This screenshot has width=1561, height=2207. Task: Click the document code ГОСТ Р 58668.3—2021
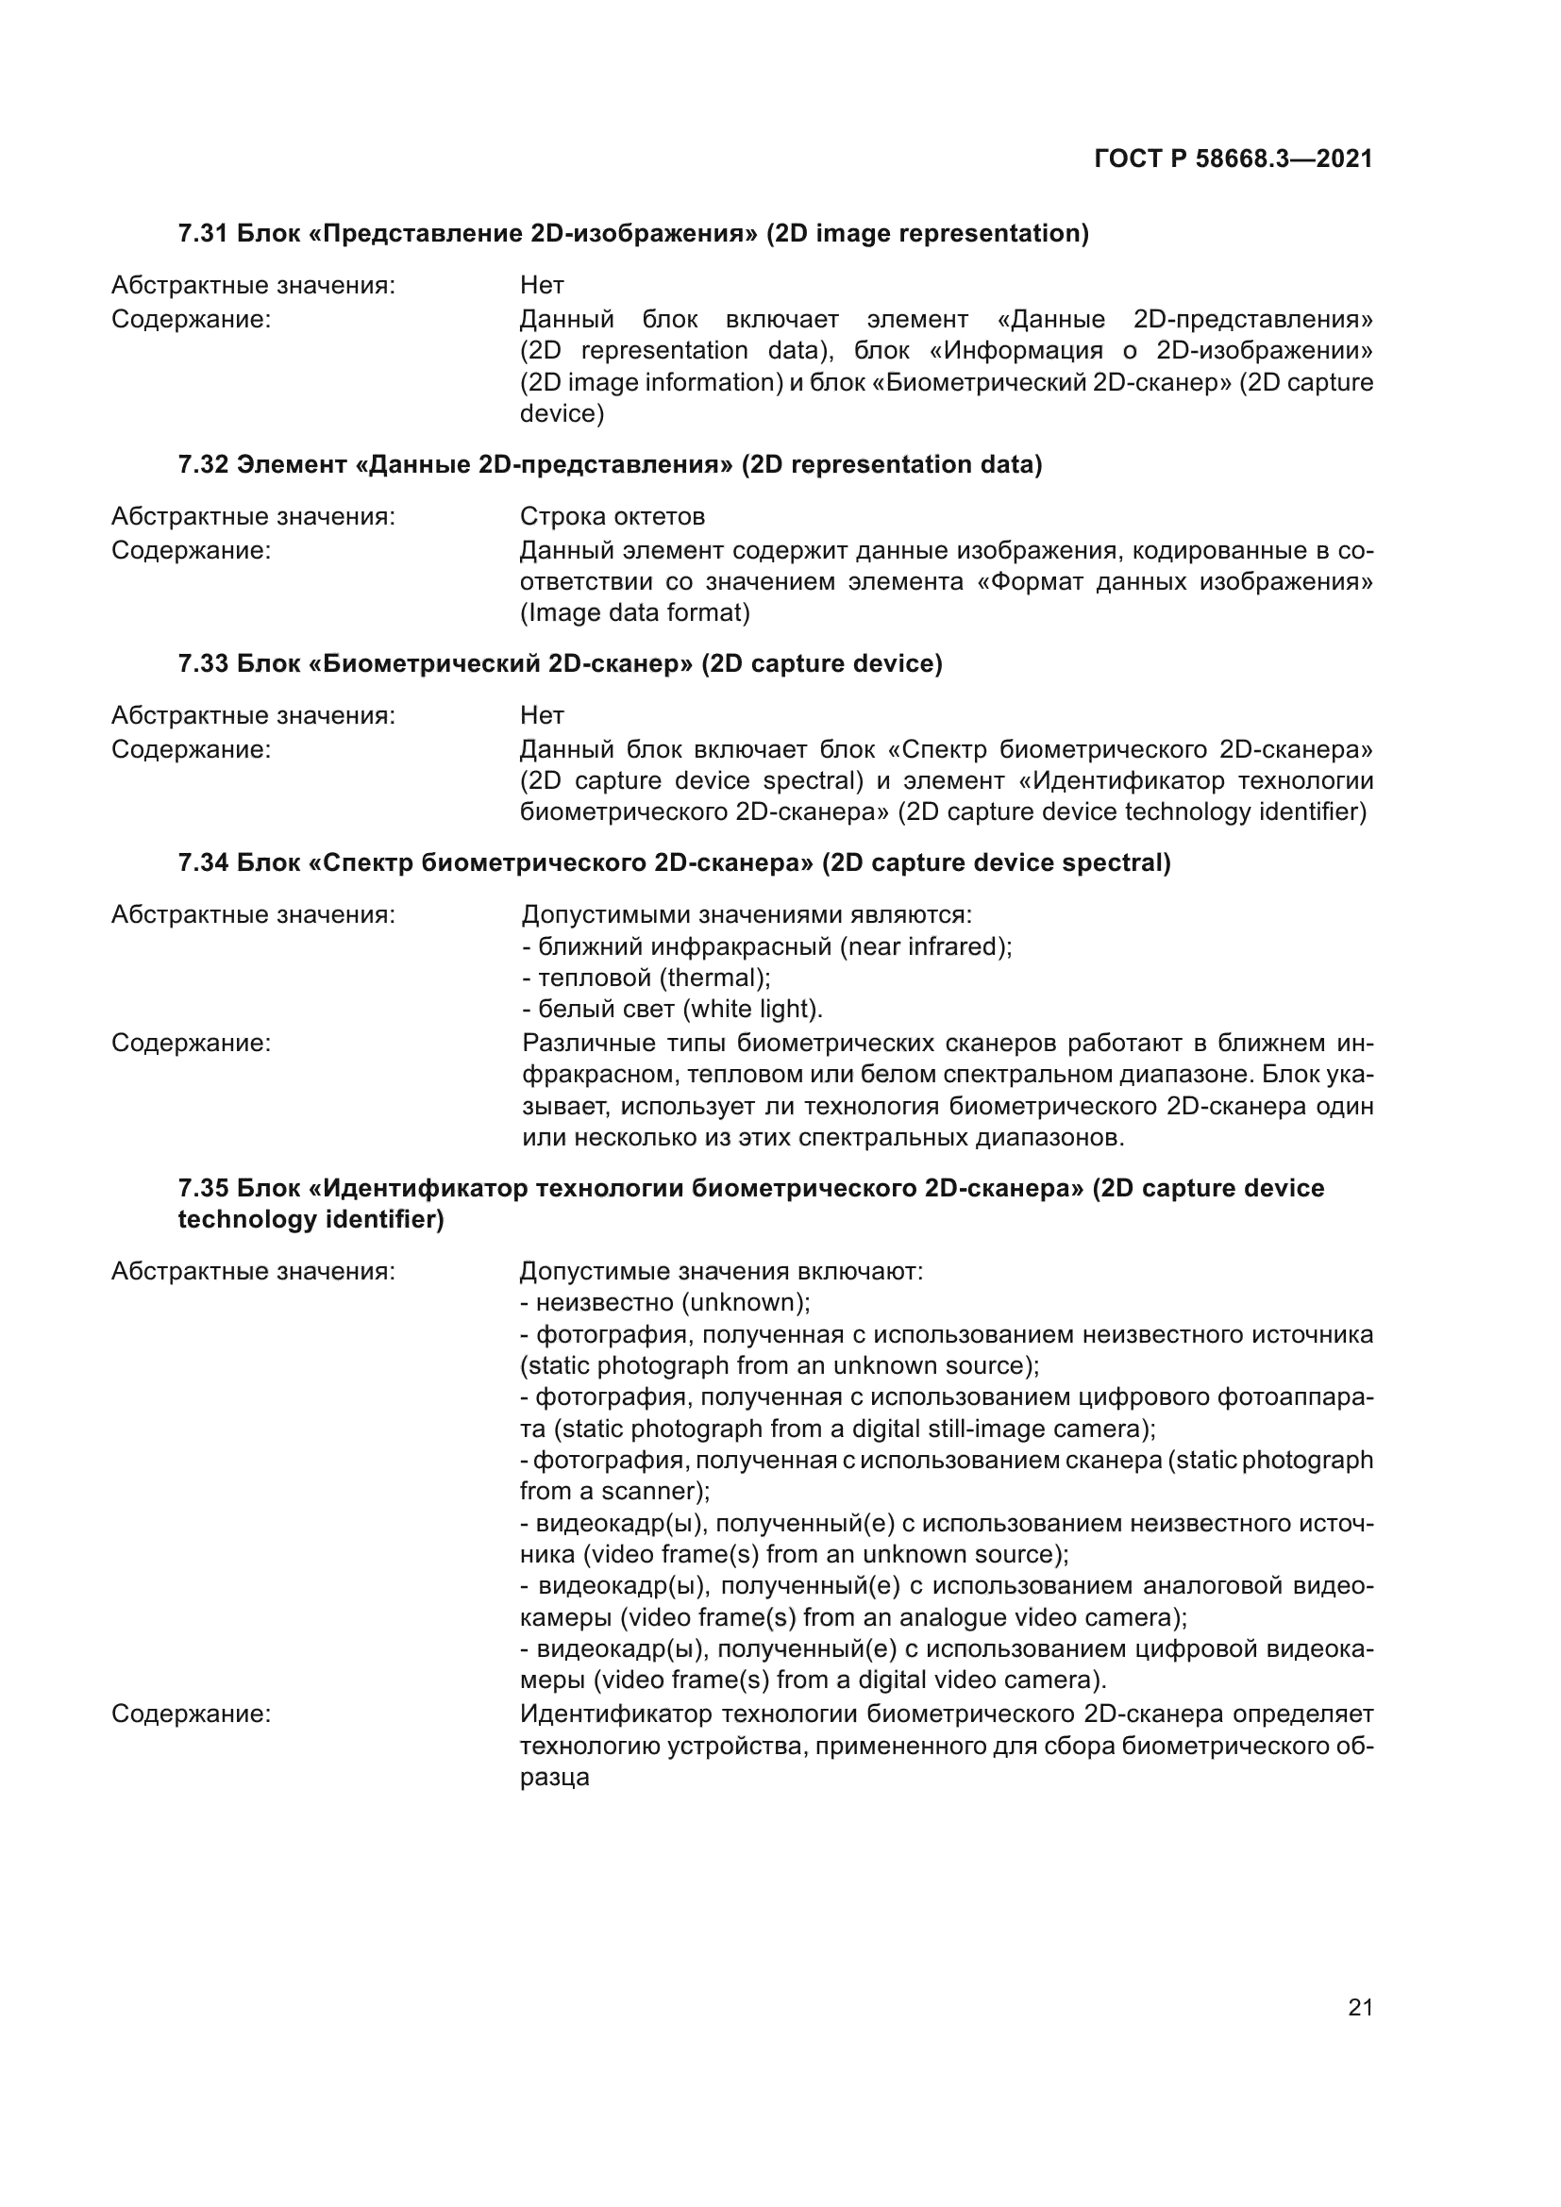(1234, 159)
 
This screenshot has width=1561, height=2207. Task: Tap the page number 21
(1360, 2007)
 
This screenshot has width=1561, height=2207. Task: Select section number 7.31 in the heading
(203, 234)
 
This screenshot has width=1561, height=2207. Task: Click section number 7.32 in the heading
(203, 465)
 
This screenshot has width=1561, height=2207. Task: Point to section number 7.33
(203, 664)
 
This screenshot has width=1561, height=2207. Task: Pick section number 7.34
(203, 863)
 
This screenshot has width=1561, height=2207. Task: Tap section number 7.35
(203, 1188)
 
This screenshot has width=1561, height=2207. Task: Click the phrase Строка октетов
(613, 517)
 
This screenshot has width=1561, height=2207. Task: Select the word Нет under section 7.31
(542, 286)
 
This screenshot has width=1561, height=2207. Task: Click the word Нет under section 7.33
(542, 715)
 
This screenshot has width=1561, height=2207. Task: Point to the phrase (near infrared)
(926, 946)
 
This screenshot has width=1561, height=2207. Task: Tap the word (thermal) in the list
(714, 978)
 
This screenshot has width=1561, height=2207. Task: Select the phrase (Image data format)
(635, 612)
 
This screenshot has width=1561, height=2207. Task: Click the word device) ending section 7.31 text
(562, 413)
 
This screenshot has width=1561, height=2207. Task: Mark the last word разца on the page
(555, 1778)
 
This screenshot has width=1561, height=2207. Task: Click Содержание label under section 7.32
(192, 551)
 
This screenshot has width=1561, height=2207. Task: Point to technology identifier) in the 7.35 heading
(311, 1220)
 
